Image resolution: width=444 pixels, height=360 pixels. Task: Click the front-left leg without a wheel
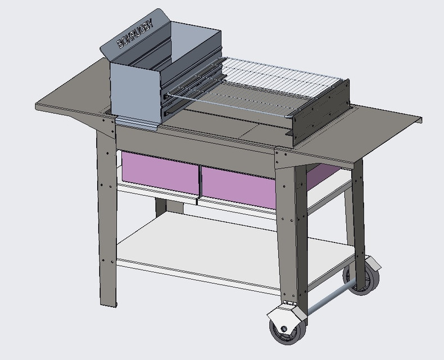(x=107, y=225)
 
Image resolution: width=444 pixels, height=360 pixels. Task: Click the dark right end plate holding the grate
(x=320, y=112)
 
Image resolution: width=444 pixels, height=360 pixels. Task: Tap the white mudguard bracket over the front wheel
(x=281, y=312)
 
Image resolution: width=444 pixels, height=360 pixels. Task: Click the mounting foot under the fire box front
(x=138, y=124)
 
